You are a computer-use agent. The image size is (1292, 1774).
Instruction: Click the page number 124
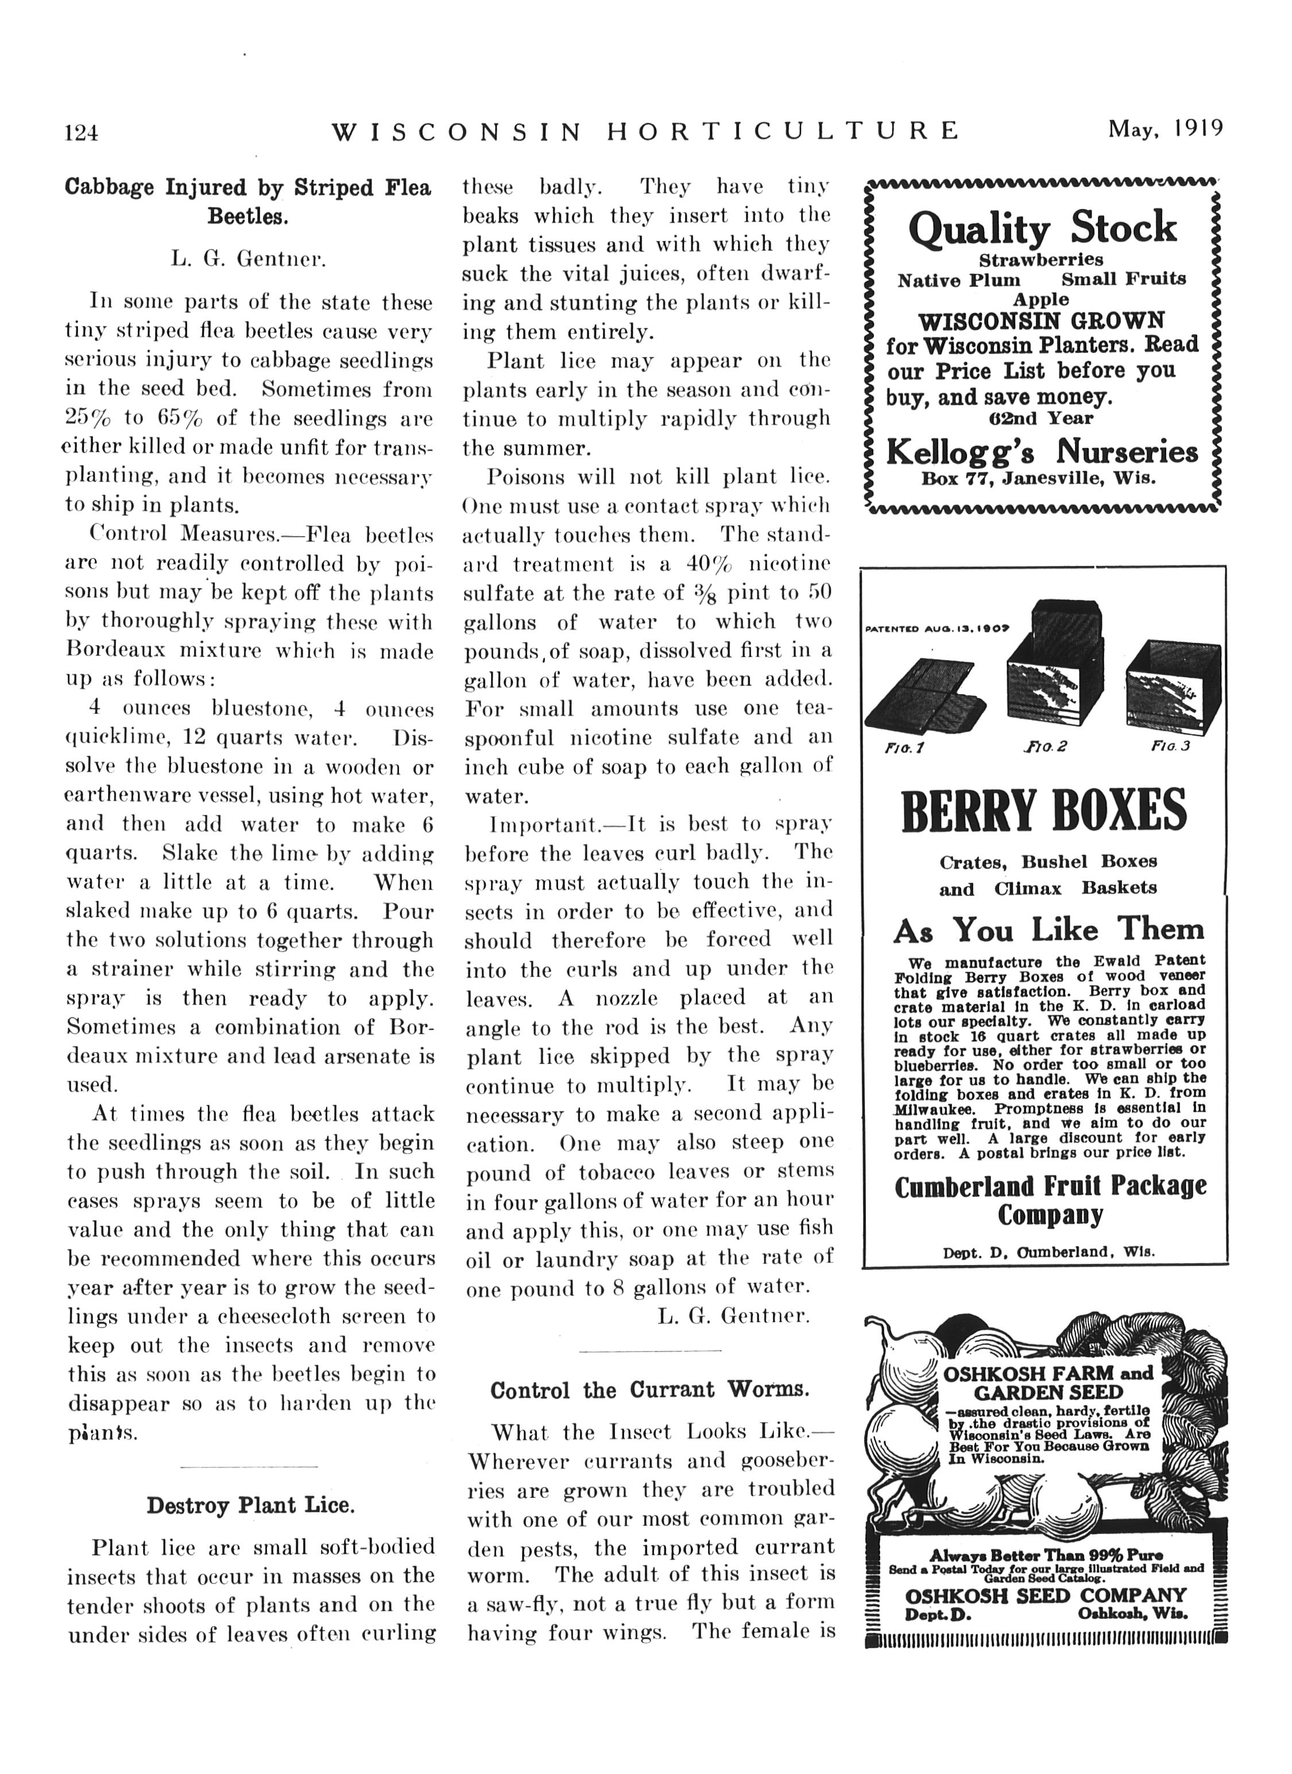pos(82,132)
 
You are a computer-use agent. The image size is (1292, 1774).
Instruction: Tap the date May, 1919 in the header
pos(1165,129)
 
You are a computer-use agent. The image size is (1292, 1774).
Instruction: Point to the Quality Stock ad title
pos(1042,228)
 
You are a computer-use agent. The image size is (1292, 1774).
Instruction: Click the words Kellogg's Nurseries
pos(1042,452)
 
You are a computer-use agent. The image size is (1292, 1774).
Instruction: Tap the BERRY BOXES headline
pos(1043,811)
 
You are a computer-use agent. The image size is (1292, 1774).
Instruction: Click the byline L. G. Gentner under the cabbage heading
pos(248,259)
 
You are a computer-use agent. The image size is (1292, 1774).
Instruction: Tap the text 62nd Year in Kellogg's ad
pos(1041,418)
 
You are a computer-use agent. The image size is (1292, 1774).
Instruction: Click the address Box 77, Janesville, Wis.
pos(1038,479)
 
